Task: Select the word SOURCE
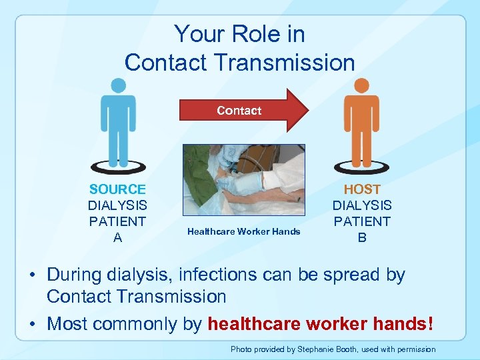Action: click(x=117, y=189)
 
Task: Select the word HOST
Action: click(x=362, y=189)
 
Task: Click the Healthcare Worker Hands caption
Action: click(x=243, y=231)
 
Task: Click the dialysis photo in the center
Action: click(x=243, y=181)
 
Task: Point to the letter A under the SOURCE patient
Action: click(x=118, y=237)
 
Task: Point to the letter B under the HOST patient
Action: click(x=362, y=237)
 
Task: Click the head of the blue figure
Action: click(x=118, y=85)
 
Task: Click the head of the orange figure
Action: click(x=361, y=85)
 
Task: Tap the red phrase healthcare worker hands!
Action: click(x=321, y=325)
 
